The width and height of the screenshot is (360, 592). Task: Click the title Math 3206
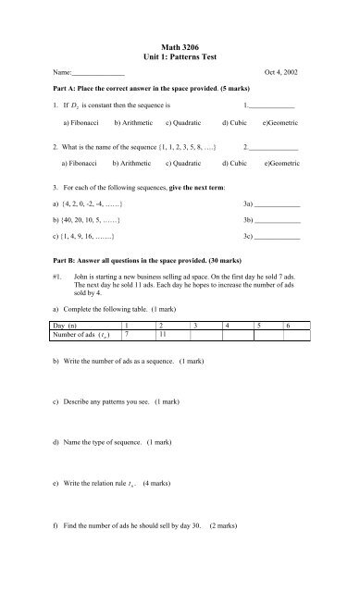[180, 46]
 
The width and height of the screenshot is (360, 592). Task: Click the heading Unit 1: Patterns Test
[180, 57]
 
